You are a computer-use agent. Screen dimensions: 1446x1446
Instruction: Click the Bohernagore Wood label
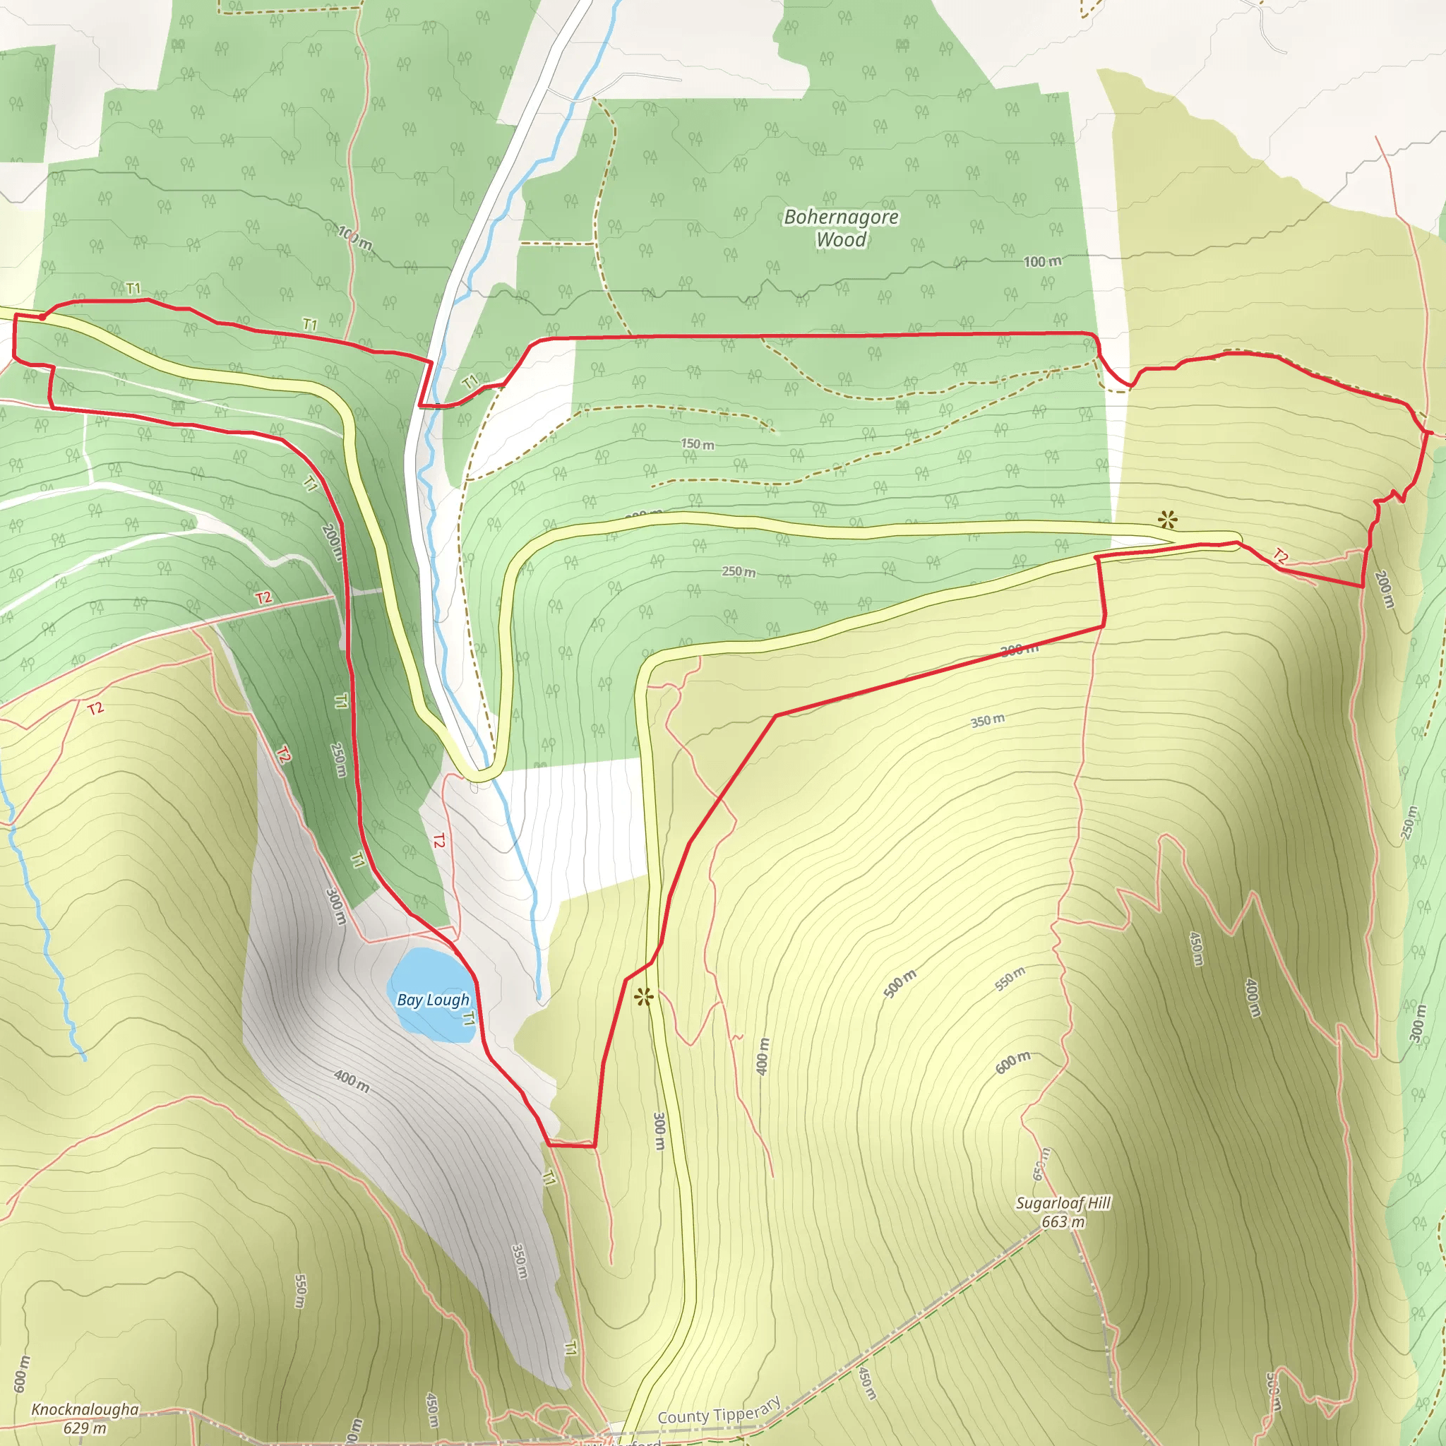(x=840, y=228)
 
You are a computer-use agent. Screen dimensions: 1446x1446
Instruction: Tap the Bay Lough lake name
(x=433, y=1000)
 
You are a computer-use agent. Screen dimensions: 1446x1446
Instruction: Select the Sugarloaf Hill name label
(x=1063, y=1202)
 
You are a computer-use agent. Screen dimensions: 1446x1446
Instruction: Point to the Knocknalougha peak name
(x=85, y=1409)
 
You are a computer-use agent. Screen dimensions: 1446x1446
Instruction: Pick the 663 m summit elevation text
(x=1063, y=1222)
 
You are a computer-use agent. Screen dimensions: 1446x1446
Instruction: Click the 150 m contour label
(x=697, y=444)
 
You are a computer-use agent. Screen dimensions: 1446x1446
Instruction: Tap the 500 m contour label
(x=899, y=984)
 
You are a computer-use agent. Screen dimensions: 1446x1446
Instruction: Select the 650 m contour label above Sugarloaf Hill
(x=1041, y=1164)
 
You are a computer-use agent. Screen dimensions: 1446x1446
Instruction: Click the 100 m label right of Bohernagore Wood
(x=1042, y=261)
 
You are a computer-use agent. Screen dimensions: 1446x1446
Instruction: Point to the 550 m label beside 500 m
(x=1010, y=978)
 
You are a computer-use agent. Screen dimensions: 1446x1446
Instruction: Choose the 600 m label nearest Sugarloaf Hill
(x=1012, y=1061)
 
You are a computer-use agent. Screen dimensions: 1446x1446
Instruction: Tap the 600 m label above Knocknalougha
(x=22, y=1374)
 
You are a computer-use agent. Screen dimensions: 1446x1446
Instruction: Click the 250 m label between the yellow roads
(x=738, y=572)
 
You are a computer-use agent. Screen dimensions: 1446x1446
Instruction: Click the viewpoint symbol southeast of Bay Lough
(x=644, y=996)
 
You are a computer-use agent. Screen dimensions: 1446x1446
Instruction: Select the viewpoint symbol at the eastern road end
(x=1167, y=520)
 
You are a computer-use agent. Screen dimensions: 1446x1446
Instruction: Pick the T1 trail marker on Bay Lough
(x=469, y=1019)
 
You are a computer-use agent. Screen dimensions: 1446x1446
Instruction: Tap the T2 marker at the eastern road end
(x=1281, y=556)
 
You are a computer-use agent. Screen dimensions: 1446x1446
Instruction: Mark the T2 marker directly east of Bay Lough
(x=438, y=840)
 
